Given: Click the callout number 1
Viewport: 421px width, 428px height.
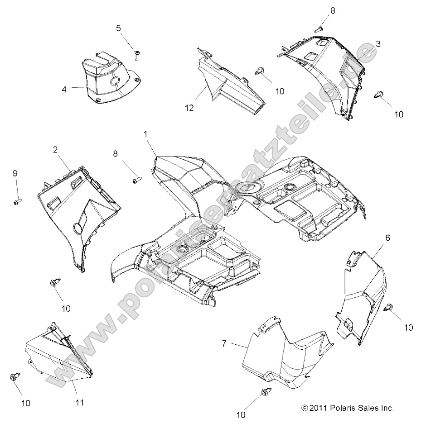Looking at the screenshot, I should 145,134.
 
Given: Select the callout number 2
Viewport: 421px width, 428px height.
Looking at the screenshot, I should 55,150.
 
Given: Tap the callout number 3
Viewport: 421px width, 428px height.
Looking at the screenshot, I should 377,44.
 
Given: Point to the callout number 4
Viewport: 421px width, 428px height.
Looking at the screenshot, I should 64,90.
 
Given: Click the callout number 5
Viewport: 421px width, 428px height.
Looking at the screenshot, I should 118,28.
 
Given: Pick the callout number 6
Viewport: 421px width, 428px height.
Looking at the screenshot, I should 387,238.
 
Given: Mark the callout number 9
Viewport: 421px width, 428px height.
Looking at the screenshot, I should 15,173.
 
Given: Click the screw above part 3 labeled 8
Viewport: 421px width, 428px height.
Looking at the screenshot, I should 319,28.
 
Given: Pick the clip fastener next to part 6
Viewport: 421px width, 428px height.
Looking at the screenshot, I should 388,309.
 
